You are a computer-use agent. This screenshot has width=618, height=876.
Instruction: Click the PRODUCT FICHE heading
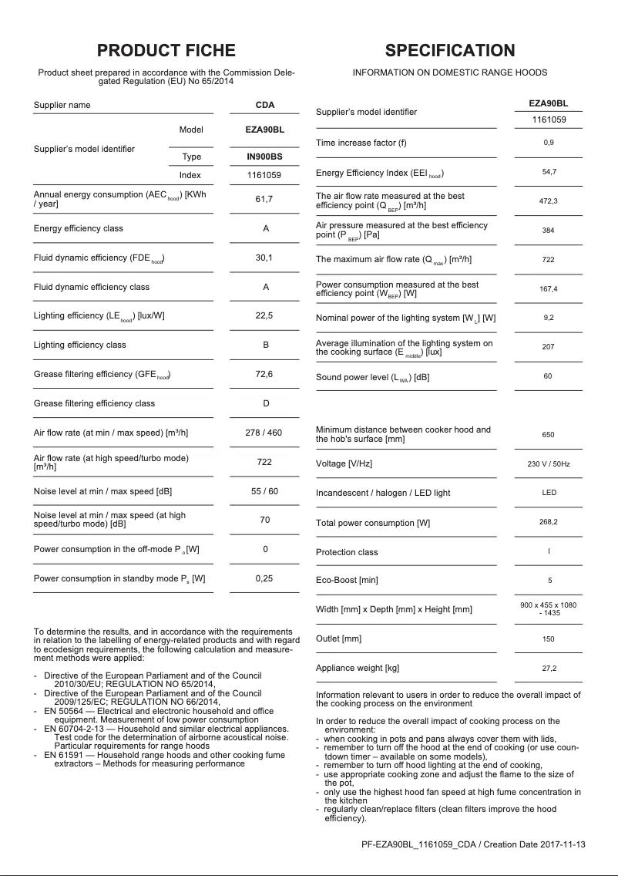166,51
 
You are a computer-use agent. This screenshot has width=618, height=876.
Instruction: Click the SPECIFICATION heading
450,51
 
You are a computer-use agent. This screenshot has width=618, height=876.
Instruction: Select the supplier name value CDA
265,105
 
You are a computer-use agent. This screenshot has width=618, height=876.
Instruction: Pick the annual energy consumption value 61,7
264,200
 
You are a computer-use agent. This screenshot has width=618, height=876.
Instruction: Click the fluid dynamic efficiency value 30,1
264,258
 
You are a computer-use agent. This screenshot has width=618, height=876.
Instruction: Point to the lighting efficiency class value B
265,345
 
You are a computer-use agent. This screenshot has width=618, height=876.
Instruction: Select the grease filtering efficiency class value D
265,403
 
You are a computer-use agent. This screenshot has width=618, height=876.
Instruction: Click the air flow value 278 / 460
264,433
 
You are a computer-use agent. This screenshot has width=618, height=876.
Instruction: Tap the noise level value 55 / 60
265,491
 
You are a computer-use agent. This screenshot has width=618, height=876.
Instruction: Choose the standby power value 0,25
264,578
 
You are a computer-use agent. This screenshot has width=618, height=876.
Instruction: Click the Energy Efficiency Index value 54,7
548,172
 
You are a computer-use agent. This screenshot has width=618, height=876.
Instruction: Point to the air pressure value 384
548,231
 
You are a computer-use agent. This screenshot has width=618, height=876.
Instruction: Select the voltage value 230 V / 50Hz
548,464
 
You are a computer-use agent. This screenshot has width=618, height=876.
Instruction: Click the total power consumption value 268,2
548,523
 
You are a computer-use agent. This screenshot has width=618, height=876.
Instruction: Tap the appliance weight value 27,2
548,669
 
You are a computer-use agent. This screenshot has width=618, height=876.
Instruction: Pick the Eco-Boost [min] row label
347,580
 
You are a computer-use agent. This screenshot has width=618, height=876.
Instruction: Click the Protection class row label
347,552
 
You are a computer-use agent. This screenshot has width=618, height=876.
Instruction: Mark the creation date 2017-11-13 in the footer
562,844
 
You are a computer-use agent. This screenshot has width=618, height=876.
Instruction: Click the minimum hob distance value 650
548,435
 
